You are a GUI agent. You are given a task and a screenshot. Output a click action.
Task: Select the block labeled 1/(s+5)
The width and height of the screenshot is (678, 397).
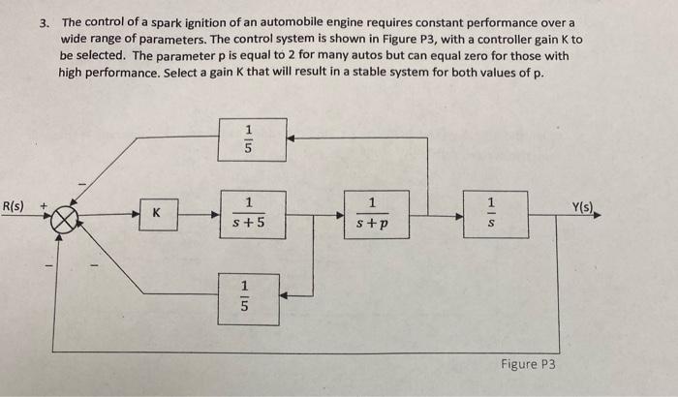tap(249, 214)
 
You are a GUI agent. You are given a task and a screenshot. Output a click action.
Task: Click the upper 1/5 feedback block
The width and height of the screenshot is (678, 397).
tap(249, 139)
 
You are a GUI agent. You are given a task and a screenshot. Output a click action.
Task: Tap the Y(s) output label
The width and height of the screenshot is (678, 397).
tap(585, 205)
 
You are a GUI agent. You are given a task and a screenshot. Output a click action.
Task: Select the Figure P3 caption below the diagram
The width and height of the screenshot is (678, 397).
tap(528, 364)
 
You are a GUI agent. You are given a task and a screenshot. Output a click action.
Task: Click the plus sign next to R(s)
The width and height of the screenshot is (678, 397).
tap(43, 205)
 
